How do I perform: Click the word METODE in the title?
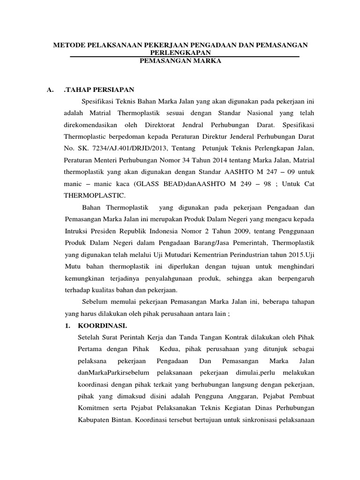tap(68, 45)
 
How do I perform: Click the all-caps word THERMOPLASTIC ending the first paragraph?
tap(92, 197)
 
